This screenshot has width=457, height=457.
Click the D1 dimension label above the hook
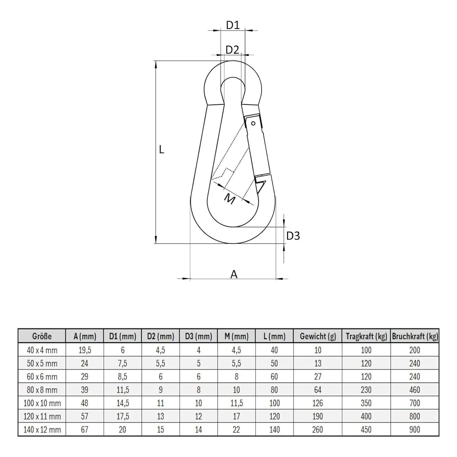click(233, 25)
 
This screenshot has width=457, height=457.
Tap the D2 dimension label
click(232, 50)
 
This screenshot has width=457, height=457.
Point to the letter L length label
click(162, 149)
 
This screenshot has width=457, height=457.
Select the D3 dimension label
click(293, 236)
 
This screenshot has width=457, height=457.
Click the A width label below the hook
click(234, 274)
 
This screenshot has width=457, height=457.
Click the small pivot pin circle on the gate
click(253, 123)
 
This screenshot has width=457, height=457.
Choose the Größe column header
click(42, 336)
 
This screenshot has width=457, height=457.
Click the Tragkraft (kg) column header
click(366, 336)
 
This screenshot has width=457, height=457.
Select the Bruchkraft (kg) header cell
click(415, 336)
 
